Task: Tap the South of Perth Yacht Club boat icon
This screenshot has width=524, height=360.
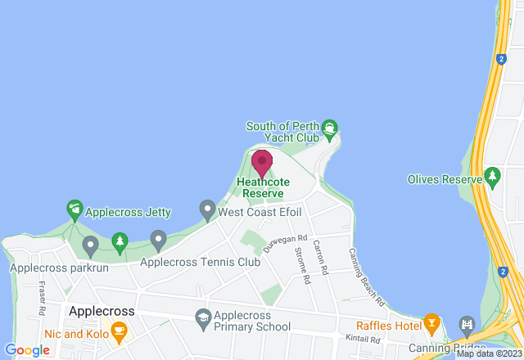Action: [x=329, y=128]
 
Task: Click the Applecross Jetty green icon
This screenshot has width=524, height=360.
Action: [x=75, y=210]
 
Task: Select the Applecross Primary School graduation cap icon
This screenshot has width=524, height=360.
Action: [x=201, y=316]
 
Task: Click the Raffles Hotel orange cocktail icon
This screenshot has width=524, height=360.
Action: [x=431, y=322]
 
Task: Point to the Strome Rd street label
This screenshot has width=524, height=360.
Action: [x=300, y=266]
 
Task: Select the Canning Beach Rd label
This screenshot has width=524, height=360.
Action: [x=368, y=278]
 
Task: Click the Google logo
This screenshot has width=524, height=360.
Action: [x=27, y=350]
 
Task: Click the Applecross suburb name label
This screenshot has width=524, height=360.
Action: [x=102, y=312]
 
